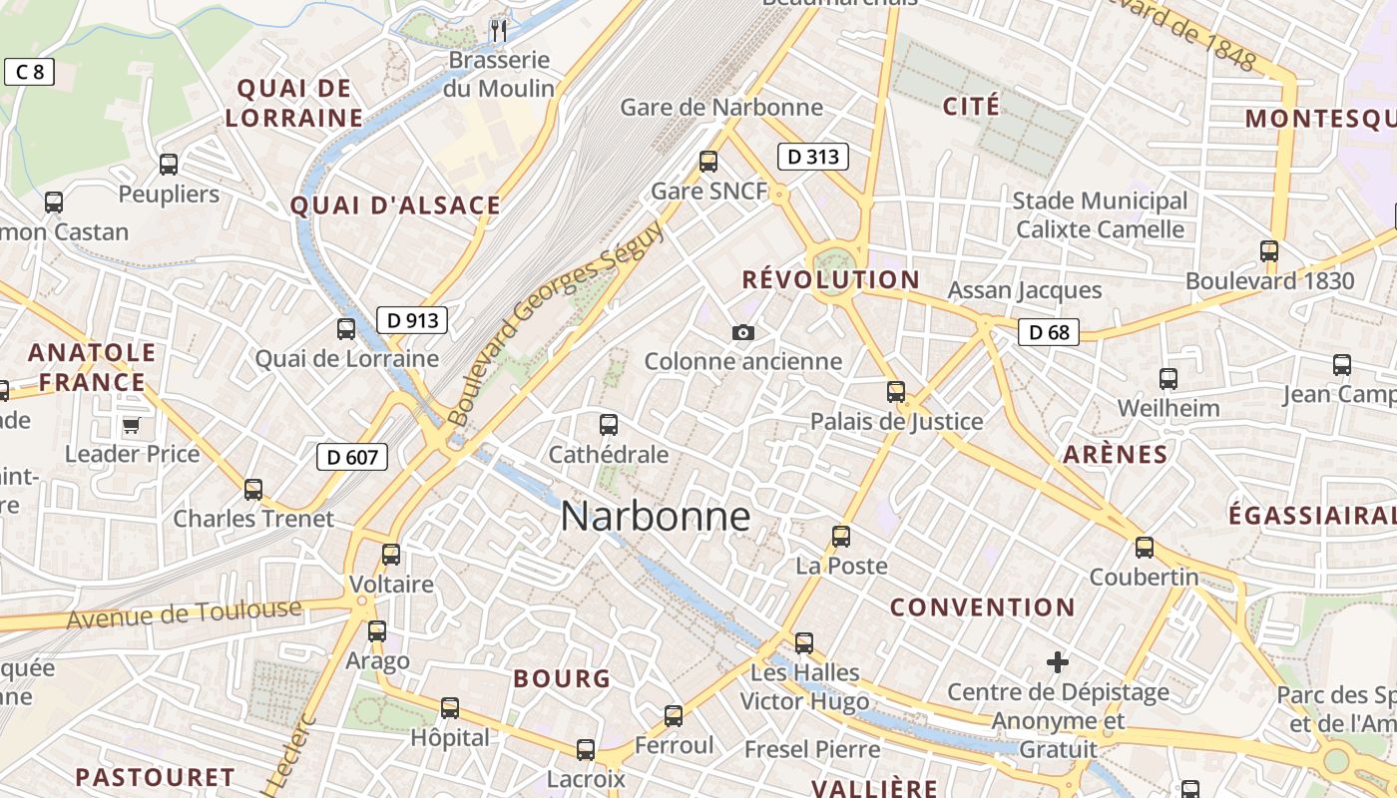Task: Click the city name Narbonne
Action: click(x=655, y=516)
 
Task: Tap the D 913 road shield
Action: click(x=412, y=320)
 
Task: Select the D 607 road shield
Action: click(x=352, y=457)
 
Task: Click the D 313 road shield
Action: click(x=812, y=156)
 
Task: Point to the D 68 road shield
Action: click(x=1049, y=332)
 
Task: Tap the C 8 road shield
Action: click(x=29, y=72)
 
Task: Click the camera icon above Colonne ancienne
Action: click(x=743, y=332)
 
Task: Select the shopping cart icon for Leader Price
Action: click(x=131, y=426)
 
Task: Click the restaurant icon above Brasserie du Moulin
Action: click(x=499, y=31)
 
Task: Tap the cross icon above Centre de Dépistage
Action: click(x=1058, y=661)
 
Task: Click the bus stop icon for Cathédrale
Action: click(x=609, y=425)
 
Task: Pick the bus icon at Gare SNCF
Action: click(x=708, y=161)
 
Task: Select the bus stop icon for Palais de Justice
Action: click(x=896, y=391)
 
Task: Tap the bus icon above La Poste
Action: click(x=841, y=536)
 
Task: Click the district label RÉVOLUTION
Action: click(x=830, y=279)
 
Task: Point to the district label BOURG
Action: click(x=562, y=678)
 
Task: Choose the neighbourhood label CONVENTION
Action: click(x=982, y=606)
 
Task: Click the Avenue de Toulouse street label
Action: click(x=184, y=612)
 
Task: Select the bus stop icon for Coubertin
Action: click(x=1145, y=547)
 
